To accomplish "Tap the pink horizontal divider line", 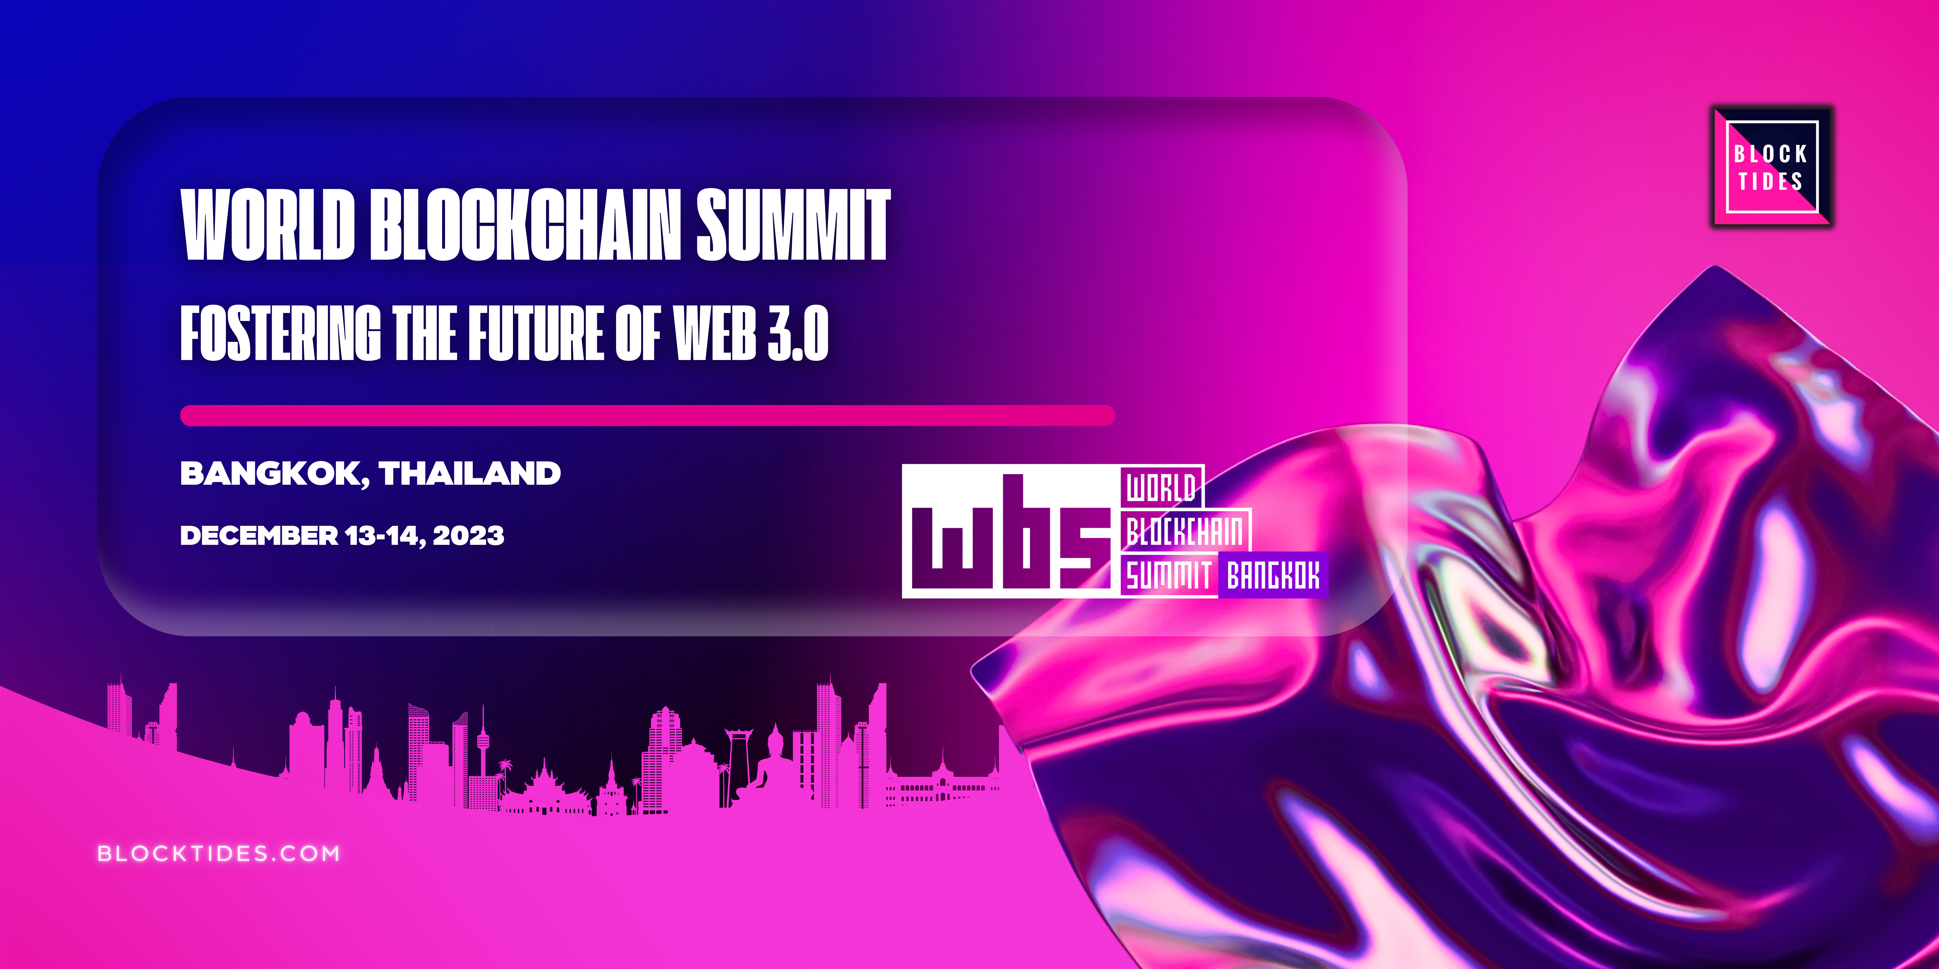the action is tap(647, 415).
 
